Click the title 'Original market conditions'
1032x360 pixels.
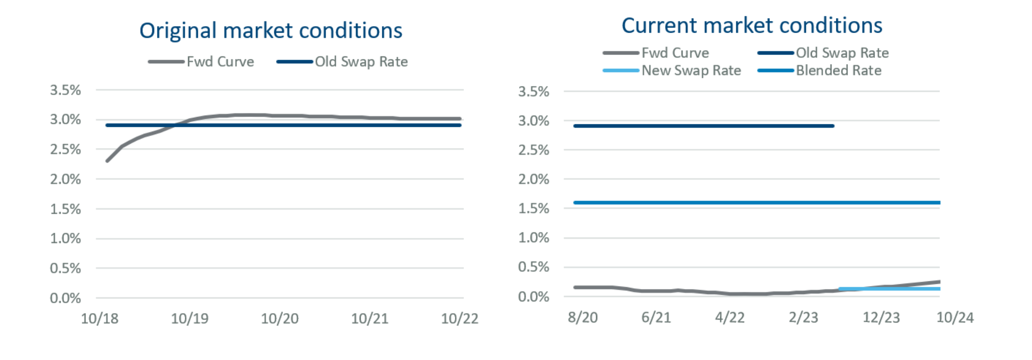point(270,31)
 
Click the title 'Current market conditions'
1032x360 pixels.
point(752,26)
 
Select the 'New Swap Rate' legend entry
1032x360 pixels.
point(691,71)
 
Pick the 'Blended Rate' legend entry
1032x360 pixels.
point(838,71)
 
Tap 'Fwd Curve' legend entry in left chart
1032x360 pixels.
point(220,62)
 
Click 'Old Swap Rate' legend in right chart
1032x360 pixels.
point(842,53)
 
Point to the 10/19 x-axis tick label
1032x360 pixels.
point(190,319)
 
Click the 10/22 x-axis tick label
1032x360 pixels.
point(459,319)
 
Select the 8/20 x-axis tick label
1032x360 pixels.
point(583,318)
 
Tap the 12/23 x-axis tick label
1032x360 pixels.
point(881,318)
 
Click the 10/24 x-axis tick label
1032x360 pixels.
point(955,318)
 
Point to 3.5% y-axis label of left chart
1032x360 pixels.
point(65,90)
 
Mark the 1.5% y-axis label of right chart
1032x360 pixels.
point(533,209)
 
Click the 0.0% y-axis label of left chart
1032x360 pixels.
point(65,298)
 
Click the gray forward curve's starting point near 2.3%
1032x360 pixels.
point(107,160)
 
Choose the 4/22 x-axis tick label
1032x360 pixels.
point(730,318)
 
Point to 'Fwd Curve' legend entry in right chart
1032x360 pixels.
point(675,53)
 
